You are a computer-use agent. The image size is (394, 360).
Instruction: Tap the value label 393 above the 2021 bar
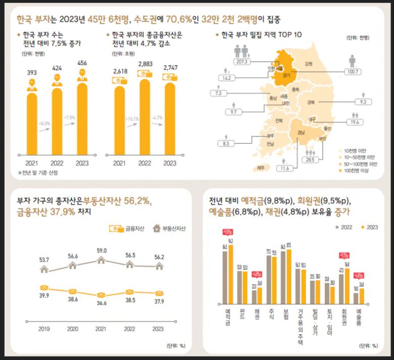point(31,72)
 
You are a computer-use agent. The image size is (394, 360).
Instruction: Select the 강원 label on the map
point(309,64)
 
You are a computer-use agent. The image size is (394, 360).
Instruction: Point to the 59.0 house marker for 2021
point(101,260)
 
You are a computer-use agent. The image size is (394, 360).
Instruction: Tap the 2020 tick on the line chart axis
point(73,329)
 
